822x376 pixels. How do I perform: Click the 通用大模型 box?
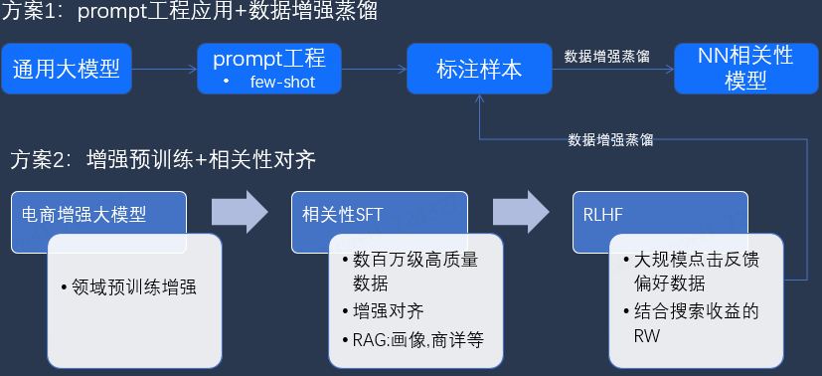[x=67, y=69]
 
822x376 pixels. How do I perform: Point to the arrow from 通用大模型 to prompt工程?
[x=165, y=69]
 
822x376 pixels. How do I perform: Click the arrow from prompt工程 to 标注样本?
[x=373, y=69]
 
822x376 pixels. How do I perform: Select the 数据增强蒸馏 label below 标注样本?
[x=610, y=139]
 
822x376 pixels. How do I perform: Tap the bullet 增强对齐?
[x=383, y=310]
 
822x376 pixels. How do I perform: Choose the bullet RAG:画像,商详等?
[x=411, y=339]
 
